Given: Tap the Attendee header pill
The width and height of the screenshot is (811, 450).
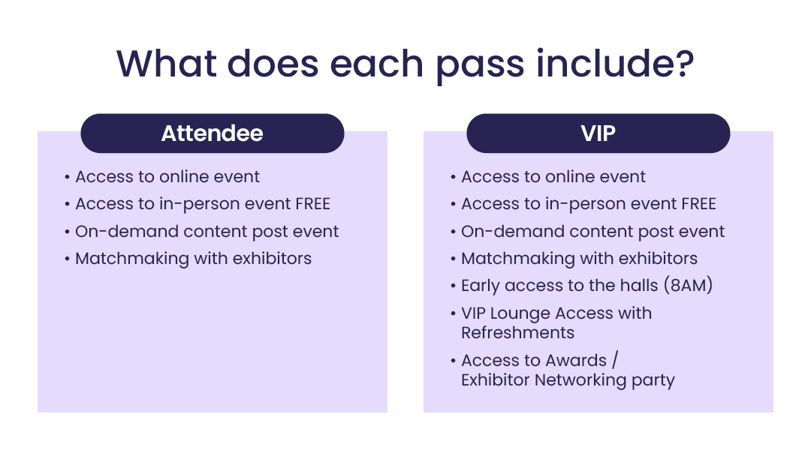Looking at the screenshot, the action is click(212, 133).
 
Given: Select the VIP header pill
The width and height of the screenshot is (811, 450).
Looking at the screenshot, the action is click(598, 133).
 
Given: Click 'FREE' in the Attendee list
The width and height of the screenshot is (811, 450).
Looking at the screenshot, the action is click(312, 204).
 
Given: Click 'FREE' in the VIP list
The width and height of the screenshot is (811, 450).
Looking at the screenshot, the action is click(698, 204).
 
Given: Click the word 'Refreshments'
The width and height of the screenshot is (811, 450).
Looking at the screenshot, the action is click(517, 333).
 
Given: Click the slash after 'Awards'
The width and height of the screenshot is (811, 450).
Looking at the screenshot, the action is click(615, 360).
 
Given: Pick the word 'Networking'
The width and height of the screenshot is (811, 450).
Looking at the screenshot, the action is click(580, 380).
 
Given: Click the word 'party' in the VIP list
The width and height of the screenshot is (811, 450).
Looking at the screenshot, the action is click(653, 381).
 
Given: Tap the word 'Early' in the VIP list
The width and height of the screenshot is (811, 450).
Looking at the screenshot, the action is click(481, 286).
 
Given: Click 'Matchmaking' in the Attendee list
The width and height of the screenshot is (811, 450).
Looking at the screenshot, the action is click(132, 258).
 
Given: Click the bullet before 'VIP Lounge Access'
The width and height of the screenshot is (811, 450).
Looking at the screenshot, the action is click(453, 313).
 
